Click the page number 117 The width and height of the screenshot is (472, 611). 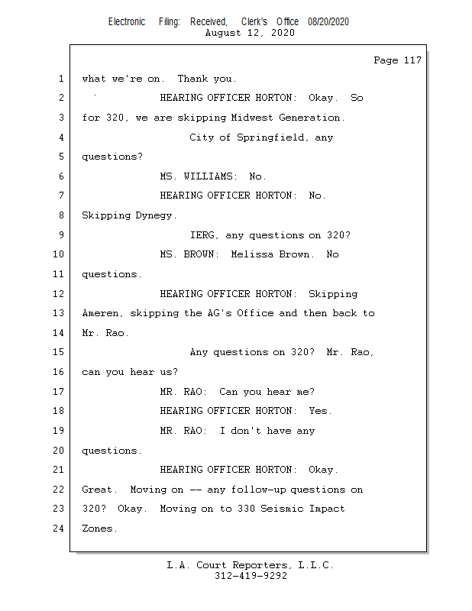(x=412, y=60)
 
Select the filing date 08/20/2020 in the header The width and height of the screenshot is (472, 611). (x=328, y=22)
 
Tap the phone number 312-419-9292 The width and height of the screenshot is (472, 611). (x=251, y=576)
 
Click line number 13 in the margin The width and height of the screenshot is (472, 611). (x=58, y=313)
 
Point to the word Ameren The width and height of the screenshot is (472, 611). (x=102, y=313)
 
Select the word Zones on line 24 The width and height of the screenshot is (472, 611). (x=99, y=529)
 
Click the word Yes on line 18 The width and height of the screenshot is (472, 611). (x=319, y=411)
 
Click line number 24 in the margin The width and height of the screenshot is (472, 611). (x=58, y=529)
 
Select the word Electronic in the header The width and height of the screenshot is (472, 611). (x=127, y=22)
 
